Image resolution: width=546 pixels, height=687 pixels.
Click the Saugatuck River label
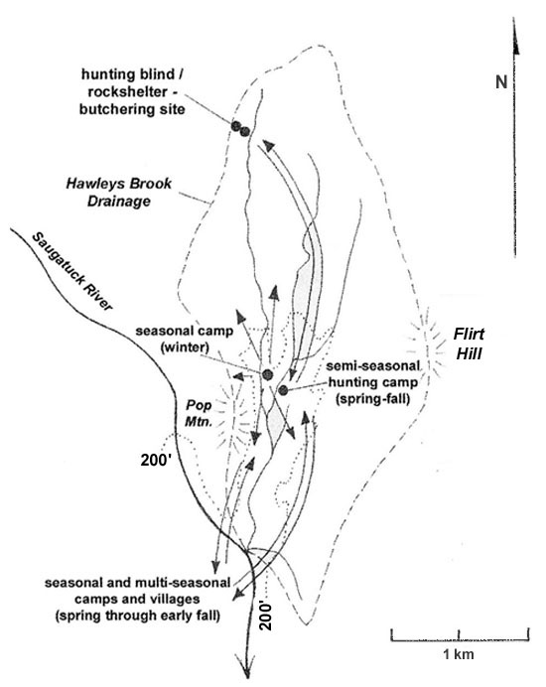tap(72, 271)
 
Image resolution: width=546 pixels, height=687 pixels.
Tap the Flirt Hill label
tap(469, 343)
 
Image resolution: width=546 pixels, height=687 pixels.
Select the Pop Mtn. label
tap(199, 414)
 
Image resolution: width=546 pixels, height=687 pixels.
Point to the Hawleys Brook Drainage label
tap(119, 192)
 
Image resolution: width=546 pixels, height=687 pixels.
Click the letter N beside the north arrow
tap(501, 82)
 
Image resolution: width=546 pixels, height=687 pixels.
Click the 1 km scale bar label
tap(459, 654)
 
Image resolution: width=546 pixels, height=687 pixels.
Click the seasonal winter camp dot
tap(267, 375)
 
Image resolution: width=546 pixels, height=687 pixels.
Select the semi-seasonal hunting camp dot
tap(283, 389)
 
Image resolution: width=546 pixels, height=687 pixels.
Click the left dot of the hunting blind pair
tap(236, 126)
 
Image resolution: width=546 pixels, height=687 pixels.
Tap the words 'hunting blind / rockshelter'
tap(132, 83)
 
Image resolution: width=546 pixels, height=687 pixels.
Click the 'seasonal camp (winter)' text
tap(184, 340)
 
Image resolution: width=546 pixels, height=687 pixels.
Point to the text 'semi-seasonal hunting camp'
tap(373, 373)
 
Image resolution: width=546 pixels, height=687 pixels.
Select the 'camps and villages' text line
tap(137, 599)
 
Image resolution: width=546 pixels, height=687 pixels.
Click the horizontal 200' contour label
tap(158, 460)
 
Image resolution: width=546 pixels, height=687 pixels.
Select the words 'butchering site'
tap(132, 108)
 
